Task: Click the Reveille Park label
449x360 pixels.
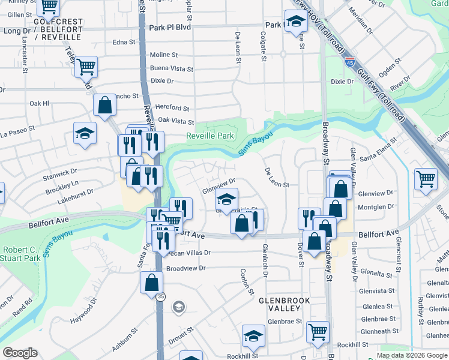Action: pyautogui.click(x=209, y=136)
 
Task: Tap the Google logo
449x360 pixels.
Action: pyautogui.click(x=20, y=353)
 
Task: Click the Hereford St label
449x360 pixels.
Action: pyautogui.click(x=172, y=108)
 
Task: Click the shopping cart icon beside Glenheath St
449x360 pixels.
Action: pyautogui.click(x=317, y=331)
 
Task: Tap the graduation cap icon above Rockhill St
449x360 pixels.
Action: pyautogui.click(x=253, y=335)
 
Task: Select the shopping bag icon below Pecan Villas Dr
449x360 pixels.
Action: pyautogui.click(x=152, y=282)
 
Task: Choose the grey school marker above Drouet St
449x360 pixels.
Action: pyautogui.click(x=178, y=308)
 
